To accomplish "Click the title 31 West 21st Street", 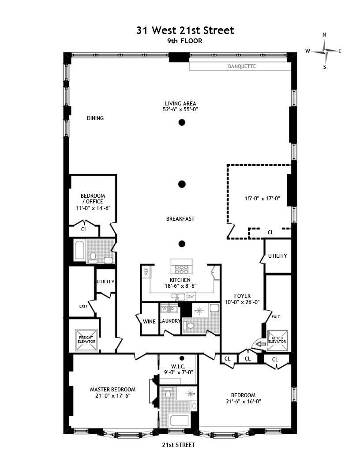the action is [x=185, y=30].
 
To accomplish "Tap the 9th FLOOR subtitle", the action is [x=185, y=41].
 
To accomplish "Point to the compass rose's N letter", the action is [x=324, y=35].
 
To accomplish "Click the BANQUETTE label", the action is [x=242, y=66].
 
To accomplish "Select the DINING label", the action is [x=95, y=118].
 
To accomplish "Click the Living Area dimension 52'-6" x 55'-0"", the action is [x=180, y=109].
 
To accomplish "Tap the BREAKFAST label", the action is [x=180, y=219].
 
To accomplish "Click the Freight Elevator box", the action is [x=86, y=340].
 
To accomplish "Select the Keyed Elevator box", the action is [x=277, y=340].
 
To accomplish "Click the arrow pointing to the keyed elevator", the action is [x=261, y=344].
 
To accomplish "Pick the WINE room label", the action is [x=149, y=322].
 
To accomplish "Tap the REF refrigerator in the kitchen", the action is [x=146, y=271].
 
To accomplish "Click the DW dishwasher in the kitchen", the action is [x=191, y=297].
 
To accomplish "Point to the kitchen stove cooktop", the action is [x=181, y=269].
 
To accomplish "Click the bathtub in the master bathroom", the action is [x=179, y=421].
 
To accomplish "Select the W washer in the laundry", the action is [x=164, y=309].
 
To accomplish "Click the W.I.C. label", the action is [x=179, y=366].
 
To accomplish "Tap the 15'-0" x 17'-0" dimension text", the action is [x=262, y=199].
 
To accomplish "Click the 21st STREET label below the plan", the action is [x=179, y=445].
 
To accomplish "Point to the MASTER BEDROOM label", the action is [x=113, y=389].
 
